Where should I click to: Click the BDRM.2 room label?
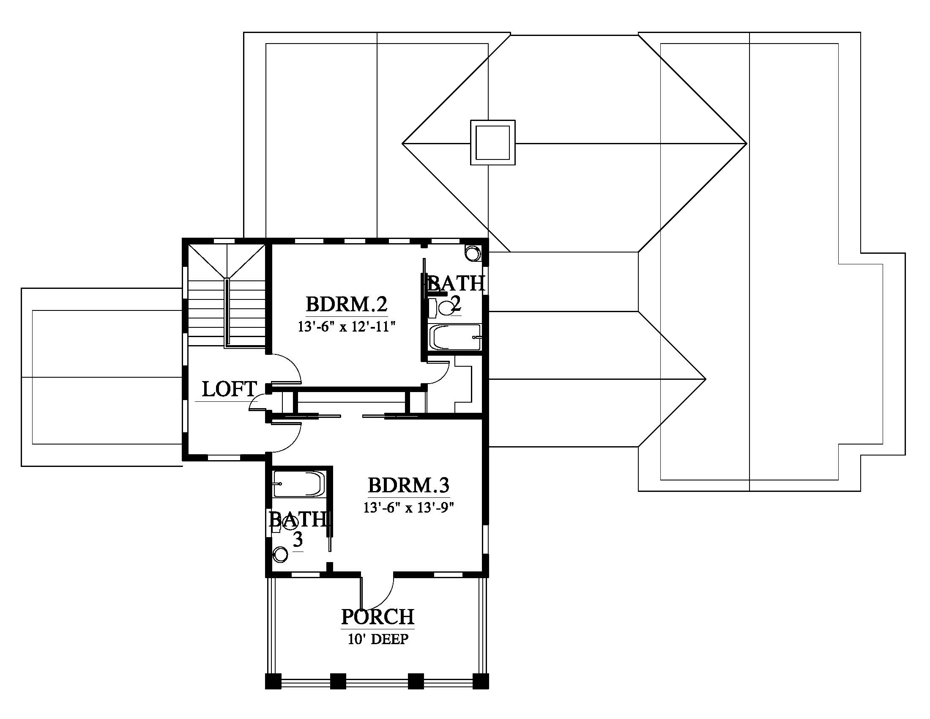tap(347, 305)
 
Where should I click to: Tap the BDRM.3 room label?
tap(409, 485)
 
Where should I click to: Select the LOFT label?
tap(230, 389)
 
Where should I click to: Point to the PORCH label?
tap(377, 616)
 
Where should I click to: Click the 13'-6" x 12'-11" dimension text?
tap(347, 327)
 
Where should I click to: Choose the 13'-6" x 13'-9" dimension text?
tap(409, 508)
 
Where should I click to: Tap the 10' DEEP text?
tap(378, 639)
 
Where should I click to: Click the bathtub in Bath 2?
tap(455, 338)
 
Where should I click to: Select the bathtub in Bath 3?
tap(299, 484)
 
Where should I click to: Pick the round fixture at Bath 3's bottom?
tap(281, 554)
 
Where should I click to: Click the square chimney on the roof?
tap(492, 142)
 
